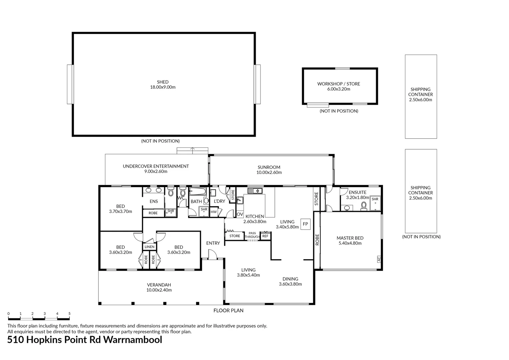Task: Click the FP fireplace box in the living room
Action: coord(305,224)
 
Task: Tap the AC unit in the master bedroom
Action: coord(379,259)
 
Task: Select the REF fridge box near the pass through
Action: coord(265,236)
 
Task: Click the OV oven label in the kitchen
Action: coord(240,214)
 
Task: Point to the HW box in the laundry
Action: coord(214,212)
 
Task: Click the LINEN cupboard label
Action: coord(149,247)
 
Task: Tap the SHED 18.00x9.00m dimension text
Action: coord(163,87)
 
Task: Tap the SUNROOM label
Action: coord(269,167)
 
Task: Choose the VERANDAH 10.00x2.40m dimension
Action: coord(159,290)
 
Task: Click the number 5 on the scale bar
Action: coord(70,314)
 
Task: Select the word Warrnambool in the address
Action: coord(133,340)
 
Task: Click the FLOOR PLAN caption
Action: coord(229,310)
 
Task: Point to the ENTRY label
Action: coord(213,243)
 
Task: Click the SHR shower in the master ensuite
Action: coord(375,203)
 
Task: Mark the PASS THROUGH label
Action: coord(252,235)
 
